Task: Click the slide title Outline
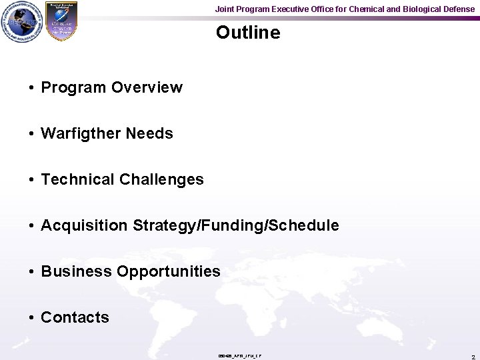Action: click(248, 33)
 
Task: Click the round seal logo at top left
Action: click(21, 22)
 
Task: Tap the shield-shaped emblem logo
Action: click(61, 22)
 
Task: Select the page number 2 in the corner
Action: click(473, 357)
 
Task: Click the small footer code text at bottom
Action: click(240, 356)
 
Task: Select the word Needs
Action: click(149, 133)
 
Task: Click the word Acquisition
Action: click(85, 225)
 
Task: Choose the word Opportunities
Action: click(169, 271)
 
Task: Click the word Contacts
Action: click(75, 317)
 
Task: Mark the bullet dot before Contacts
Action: click(32, 318)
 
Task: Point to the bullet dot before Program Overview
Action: click(32, 88)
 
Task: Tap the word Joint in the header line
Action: click(225, 9)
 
